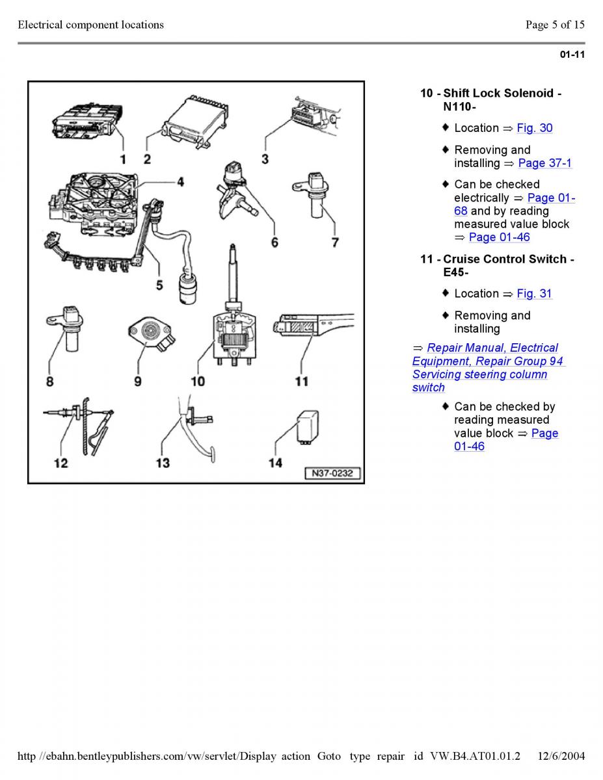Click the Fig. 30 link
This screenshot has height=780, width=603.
coord(534,128)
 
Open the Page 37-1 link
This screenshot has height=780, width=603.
coord(544,163)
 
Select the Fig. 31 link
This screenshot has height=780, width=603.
coord(534,294)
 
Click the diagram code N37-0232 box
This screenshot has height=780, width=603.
coord(332,474)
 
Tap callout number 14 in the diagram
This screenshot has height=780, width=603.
coord(275,462)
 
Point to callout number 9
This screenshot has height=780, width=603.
coord(138,382)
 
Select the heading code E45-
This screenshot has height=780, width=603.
coord(456,272)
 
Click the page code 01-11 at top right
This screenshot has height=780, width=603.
coord(572,55)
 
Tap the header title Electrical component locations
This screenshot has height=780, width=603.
coord(90,25)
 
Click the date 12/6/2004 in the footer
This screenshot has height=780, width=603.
coord(561,756)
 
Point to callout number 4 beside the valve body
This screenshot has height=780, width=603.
coord(180,182)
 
